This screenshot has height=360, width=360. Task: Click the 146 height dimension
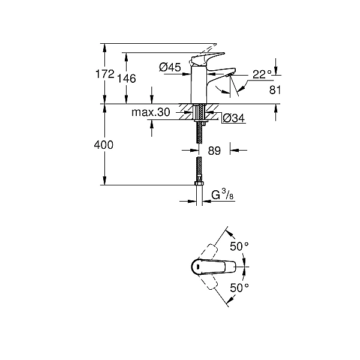point(127,79)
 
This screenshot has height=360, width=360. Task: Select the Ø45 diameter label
point(170,68)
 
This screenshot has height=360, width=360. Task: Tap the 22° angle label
point(262,74)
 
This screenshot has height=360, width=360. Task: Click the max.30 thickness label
point(151,112)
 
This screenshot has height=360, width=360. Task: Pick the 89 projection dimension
point(214,151)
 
